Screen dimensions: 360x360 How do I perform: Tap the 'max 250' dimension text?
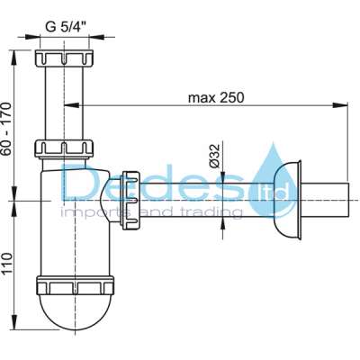pyautogui.click(x=216, y=98)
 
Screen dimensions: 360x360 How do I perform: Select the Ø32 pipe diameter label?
pyautogui.click(x=215, y=156)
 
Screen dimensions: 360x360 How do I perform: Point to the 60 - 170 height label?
pyautogui.click(x=6, y=129)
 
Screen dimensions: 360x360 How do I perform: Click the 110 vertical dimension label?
pyautogui.click(x=6, y=263)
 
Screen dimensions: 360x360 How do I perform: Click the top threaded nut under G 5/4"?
pyautogui.click(x=64, y=58)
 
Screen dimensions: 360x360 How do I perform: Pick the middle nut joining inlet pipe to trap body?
pyautogui.click(x=64, y=148)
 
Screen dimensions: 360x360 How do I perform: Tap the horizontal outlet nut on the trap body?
pyautogui.click(x=130, y=201)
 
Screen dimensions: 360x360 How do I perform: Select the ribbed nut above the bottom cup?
pyautogui.click(x=75, y=285)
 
